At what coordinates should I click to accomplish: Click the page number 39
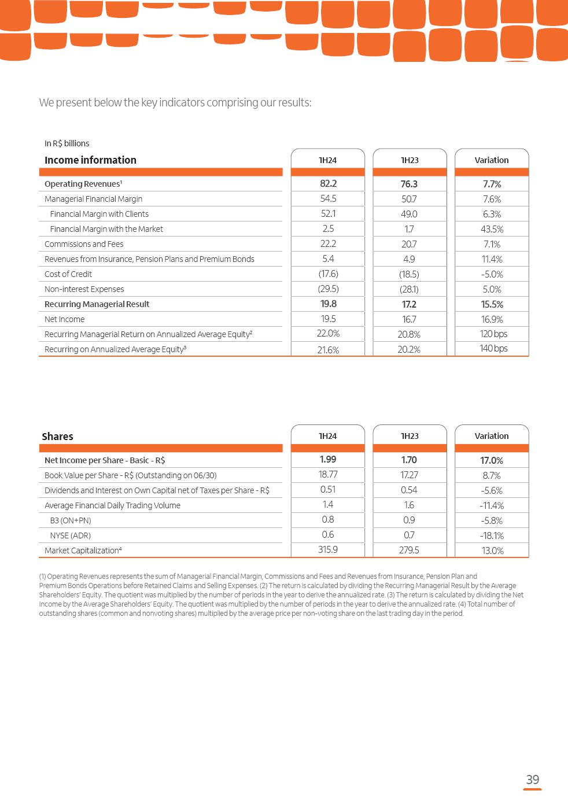pos(532,780)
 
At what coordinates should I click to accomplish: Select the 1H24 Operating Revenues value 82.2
pos(328,183)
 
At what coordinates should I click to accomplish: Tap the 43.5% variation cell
pos(492,229)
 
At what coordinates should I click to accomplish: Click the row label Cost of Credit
pos(68,274)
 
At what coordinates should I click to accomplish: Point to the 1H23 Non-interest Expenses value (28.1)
pos(409,289)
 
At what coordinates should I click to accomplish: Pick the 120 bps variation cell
pos(493,334)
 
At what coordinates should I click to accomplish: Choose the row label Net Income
pos(64,319)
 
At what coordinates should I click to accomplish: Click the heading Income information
pos(90,160)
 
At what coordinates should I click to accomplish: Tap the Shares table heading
pos(57,437)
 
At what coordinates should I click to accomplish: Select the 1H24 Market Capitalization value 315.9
pos(328,549)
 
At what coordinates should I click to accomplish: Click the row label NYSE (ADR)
pos(70,535)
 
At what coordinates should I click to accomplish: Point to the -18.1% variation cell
pos(492,535)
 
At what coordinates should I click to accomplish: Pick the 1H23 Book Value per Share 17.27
pos(409,475)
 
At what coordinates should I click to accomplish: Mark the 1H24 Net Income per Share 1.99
pos(328,459)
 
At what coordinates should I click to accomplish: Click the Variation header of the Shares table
pos(492,436)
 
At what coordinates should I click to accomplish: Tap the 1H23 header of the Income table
pos(410,160)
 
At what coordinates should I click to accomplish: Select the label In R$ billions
pos(67,143)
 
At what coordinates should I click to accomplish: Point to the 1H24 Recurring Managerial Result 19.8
pos(328,304)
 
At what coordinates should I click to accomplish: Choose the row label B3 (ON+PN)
pos(70,520)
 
